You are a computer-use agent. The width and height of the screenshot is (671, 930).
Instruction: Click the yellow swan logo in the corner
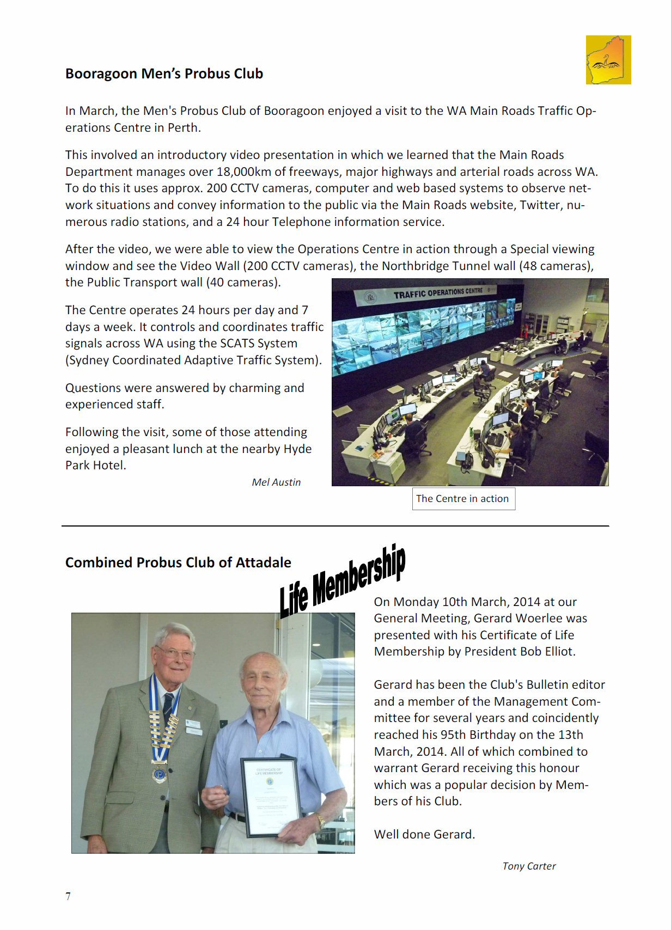tap(608, 60)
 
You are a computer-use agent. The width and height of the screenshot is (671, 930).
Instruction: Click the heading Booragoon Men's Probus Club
tap(164, 74)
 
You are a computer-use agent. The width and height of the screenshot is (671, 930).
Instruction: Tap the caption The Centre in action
tap(463, 499)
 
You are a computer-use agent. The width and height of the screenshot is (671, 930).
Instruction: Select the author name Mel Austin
tap(276, 482)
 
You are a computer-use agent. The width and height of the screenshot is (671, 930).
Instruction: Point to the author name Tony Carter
tap(529, 866)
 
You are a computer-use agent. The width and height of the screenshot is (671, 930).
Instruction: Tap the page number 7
tap(68, 896)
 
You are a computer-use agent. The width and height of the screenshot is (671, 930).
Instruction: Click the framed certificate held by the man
tap(271, 796)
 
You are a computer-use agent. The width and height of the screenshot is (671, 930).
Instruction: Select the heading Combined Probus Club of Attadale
tap(178, 562)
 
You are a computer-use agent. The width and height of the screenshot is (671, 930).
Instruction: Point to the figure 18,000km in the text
tap(243, 172)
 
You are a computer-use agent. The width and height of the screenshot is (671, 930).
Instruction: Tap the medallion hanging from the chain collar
tap(159, 774)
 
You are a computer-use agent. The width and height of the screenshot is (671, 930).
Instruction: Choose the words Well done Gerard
tap(424, 835)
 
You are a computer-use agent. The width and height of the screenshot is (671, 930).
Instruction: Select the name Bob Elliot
tap(547, 652)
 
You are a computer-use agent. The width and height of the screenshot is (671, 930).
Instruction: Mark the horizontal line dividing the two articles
tap(335, 526)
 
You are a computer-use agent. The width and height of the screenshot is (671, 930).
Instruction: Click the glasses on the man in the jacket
tap(175, 653)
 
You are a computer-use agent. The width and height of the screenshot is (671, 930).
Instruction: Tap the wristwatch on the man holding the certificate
tap(321, 820)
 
